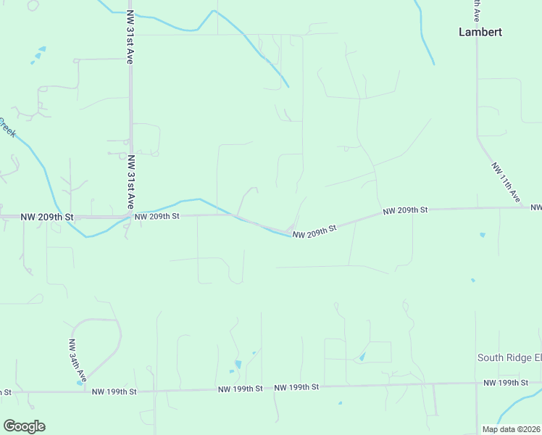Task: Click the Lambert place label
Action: (x=480, y=32)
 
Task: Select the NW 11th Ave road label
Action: (x=506, y=181)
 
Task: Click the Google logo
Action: (x=24, y=426)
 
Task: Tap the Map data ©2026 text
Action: (x=511, y=429)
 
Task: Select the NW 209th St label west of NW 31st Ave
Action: (x=47, y=216)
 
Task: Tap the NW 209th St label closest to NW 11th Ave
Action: (x=406, y=210)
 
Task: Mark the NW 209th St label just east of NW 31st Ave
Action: (x=157, y=215)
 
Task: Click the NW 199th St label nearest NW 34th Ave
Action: (x=114, y=391)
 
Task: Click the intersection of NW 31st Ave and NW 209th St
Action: (x=130, y=216)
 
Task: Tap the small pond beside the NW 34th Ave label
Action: (x=79, y=382)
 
